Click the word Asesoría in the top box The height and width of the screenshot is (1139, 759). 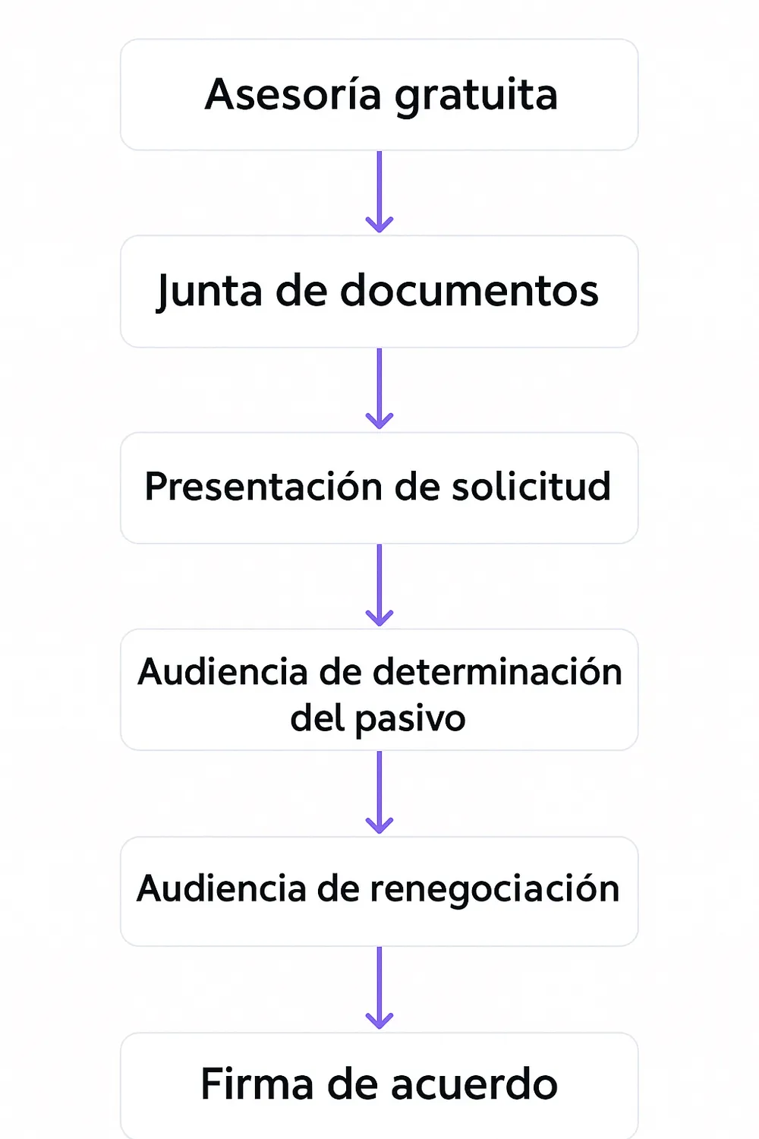[x=292, y=95]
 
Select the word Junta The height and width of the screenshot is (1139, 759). [x=209, y=292]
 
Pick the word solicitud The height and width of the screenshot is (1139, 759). [x=531, y=487]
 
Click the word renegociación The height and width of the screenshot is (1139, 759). [x=494, y=889]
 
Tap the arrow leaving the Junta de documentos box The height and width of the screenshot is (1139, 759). [x=379, y=389]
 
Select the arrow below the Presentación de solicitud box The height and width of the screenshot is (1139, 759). [x=379, y=585]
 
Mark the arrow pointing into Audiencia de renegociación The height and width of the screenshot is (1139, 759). [x=379, y=793]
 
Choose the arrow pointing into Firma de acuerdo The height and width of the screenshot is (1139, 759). [x=379, y=988]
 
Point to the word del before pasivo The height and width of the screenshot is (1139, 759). [x=318, y=718]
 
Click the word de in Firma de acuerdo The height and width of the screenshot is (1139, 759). [x=353, y=1084]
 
